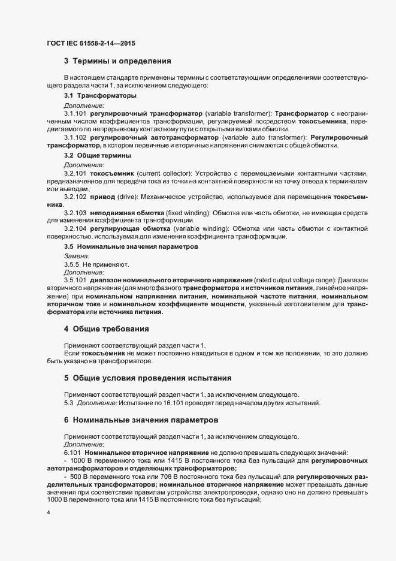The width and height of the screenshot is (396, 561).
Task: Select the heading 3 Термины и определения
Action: [x=117, y=61]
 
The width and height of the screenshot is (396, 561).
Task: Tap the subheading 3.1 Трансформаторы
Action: [x=99, y=96]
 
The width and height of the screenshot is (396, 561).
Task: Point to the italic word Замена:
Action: [x=77, y=255]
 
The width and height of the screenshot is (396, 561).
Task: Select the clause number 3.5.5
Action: [x=71, y=264]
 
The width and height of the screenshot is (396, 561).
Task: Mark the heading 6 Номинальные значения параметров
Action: [x=141, y=420]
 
